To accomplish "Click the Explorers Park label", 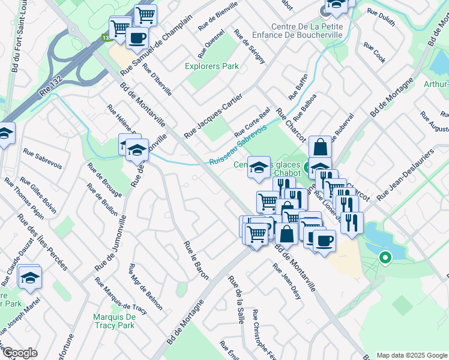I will tap(212, 66).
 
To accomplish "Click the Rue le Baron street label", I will tap(196, 260).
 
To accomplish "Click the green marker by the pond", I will tap(385, 258).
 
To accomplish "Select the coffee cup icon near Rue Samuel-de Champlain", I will tap(137, 38).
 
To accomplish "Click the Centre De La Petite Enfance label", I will tap(307, 31).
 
